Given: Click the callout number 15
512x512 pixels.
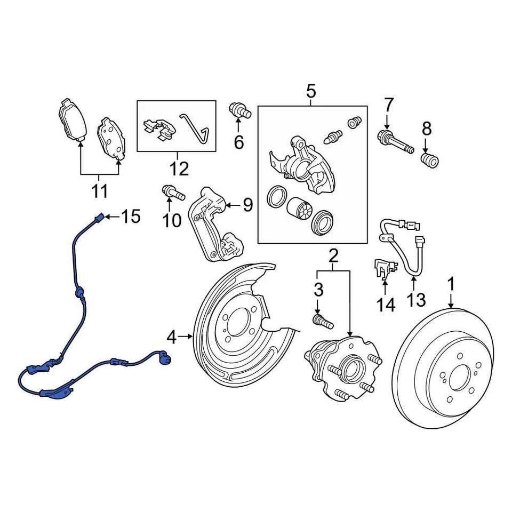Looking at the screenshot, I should coord(131,217).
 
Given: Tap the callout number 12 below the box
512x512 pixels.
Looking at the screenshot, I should coord(179,169).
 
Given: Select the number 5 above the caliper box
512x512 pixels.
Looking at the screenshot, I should coord(311,92).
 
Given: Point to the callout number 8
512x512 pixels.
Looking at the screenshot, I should coord(426,128).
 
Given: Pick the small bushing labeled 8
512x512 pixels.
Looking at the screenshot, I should coord(429,159).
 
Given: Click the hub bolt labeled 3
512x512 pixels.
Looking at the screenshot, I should coord(321,322).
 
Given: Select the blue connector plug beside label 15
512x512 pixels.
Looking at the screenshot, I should coord(99,217).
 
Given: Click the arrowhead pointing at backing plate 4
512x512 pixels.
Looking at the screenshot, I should coord(190,336).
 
